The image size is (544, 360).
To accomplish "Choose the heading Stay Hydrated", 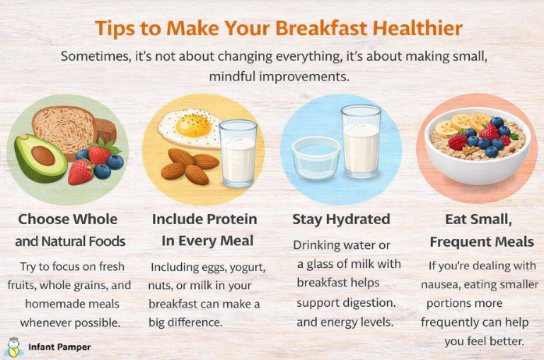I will [x=341, y=219].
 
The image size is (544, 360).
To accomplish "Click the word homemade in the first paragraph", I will [x=56, y=302].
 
